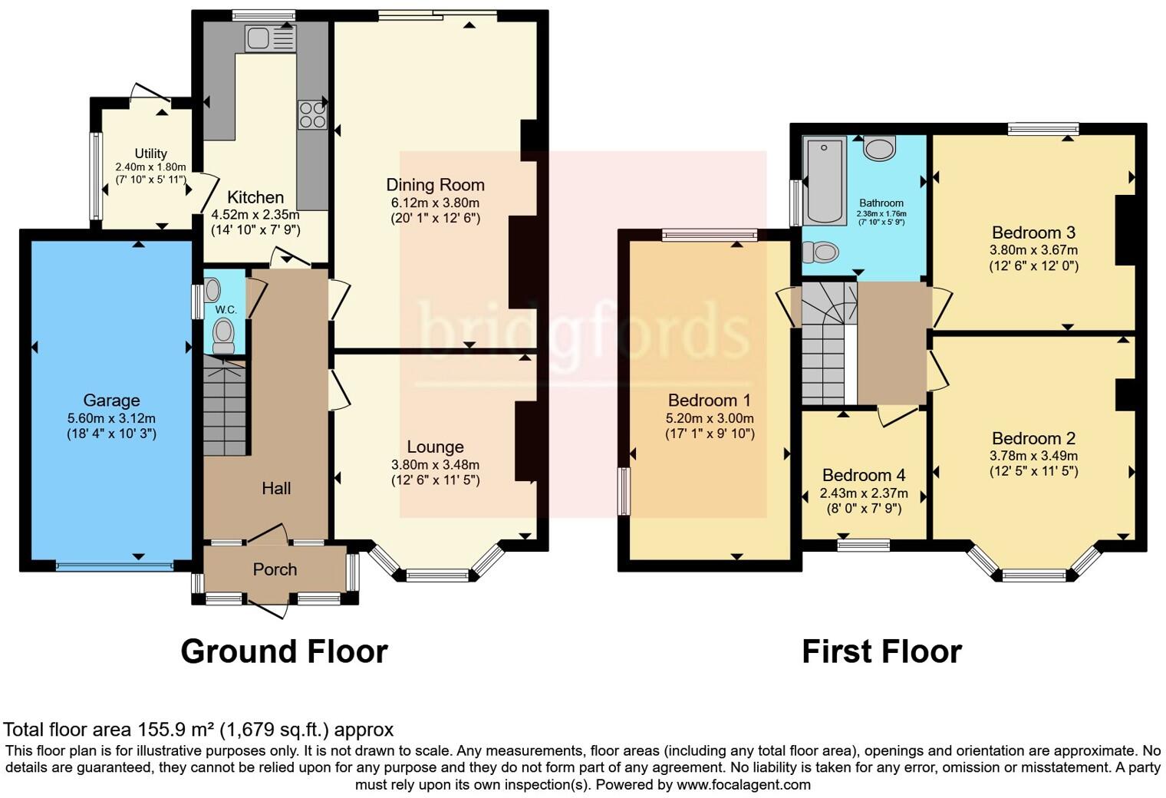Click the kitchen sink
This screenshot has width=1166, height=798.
tap(269, 38)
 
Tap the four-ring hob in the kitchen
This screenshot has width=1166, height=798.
tap(312, 115)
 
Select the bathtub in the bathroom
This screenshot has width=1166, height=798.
tap(825, 180)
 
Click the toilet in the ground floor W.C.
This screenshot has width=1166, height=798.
tap(223, 335)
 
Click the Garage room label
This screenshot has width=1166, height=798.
tap(111, 401)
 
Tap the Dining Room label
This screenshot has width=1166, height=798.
tap(435, 185)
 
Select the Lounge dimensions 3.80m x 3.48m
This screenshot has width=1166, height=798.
tap(435, 464)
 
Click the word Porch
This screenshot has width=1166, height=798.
tap(275, 569)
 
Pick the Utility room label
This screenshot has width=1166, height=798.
tap(150, 153)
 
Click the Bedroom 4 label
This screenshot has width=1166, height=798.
tap(863, 476)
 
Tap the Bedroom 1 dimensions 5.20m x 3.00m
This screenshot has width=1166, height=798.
tap(710, 418)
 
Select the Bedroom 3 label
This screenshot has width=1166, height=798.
tap(1033, 232)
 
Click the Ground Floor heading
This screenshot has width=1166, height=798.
tap(284, 651)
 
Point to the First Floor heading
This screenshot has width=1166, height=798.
tap(881, 651)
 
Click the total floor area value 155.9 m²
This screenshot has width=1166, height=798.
tap(174, 729)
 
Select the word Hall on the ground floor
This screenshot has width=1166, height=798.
tap(276, 488)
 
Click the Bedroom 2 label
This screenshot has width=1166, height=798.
tap(1033, 439)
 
